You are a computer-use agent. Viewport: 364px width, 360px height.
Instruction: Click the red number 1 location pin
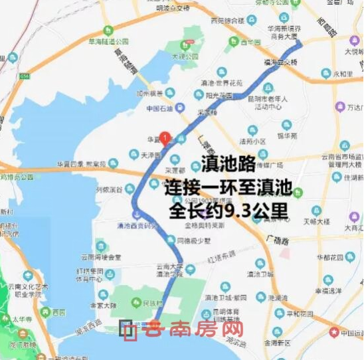(165, 138)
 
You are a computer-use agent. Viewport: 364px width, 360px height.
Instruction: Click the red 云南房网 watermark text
(195, 329)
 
